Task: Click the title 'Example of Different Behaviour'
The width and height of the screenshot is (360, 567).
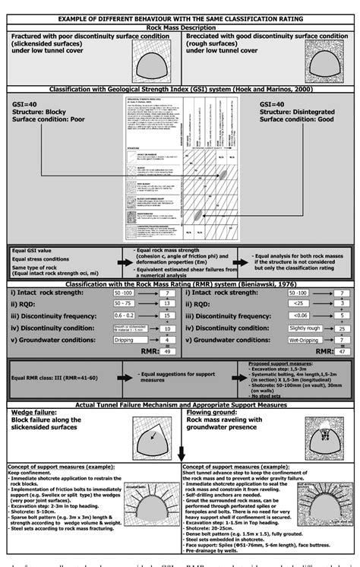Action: tap(180, 17)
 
